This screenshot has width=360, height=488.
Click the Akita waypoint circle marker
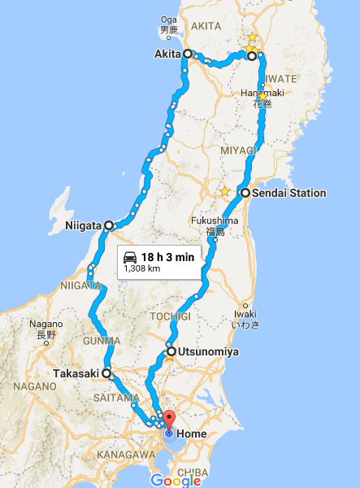[x=189, y=54]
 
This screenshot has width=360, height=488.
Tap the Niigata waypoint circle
[x=109, y=225]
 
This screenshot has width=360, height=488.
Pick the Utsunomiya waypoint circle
[x=171, y=352]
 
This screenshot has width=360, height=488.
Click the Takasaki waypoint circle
[x=106, y=374]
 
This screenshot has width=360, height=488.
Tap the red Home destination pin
[x=168, y=421]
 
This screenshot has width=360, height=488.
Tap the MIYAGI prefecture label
[x=238, y=150]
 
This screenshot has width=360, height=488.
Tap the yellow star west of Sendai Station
[x=224, y=192]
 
